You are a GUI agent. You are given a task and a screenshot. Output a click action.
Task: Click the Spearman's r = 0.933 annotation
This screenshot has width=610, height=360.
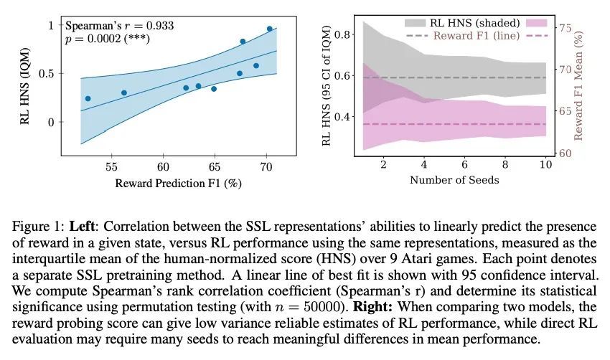coord(118,26)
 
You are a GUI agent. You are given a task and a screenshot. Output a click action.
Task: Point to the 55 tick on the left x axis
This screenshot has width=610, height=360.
coord(111,166)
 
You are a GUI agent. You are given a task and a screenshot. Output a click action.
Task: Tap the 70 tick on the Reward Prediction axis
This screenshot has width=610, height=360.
coord(266,166)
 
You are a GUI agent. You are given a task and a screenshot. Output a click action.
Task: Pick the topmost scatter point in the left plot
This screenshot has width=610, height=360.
coord(269,29)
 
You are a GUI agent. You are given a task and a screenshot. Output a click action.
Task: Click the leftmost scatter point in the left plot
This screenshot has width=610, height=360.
coord(88,98)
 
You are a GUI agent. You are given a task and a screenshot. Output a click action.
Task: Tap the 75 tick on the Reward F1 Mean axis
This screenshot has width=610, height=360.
coord(564,27)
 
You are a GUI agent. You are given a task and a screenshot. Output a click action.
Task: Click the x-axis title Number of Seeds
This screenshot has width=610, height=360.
coord(454,180)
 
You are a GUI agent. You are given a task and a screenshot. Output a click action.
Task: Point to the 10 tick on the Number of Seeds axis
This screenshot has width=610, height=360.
coord(545,164)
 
